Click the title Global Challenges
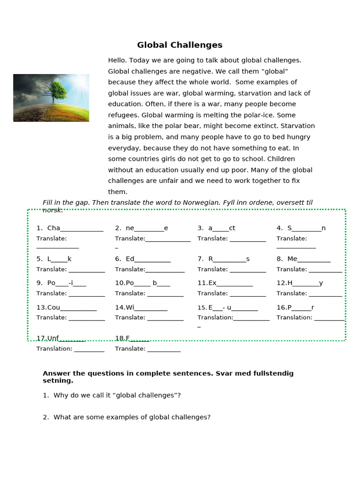(180, 45)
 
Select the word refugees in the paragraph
(123, 115)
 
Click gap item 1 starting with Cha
(70, 228)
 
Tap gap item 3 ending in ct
(216, 228)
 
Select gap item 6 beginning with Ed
(143, 259)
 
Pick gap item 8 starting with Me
(303, 259)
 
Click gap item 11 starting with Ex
(225, 283)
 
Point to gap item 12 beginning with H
(300, 283)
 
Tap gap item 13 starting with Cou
(67, 307)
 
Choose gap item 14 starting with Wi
(141, 307)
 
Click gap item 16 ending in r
(295, 307)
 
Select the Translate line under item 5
(70, 270)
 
